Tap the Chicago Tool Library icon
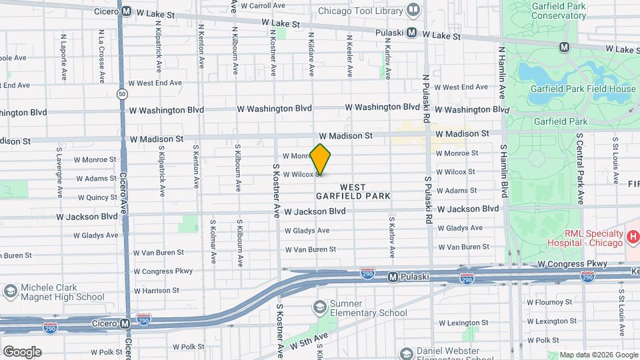[413, 11]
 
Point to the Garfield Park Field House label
[583, 89]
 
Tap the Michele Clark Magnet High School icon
[10, 291]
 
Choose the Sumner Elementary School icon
[321, 307]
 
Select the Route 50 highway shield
[121, 94]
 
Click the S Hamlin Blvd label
[505, 171]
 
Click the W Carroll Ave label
[263, 5]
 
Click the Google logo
[21, 351]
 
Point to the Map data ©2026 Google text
[598, 355]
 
